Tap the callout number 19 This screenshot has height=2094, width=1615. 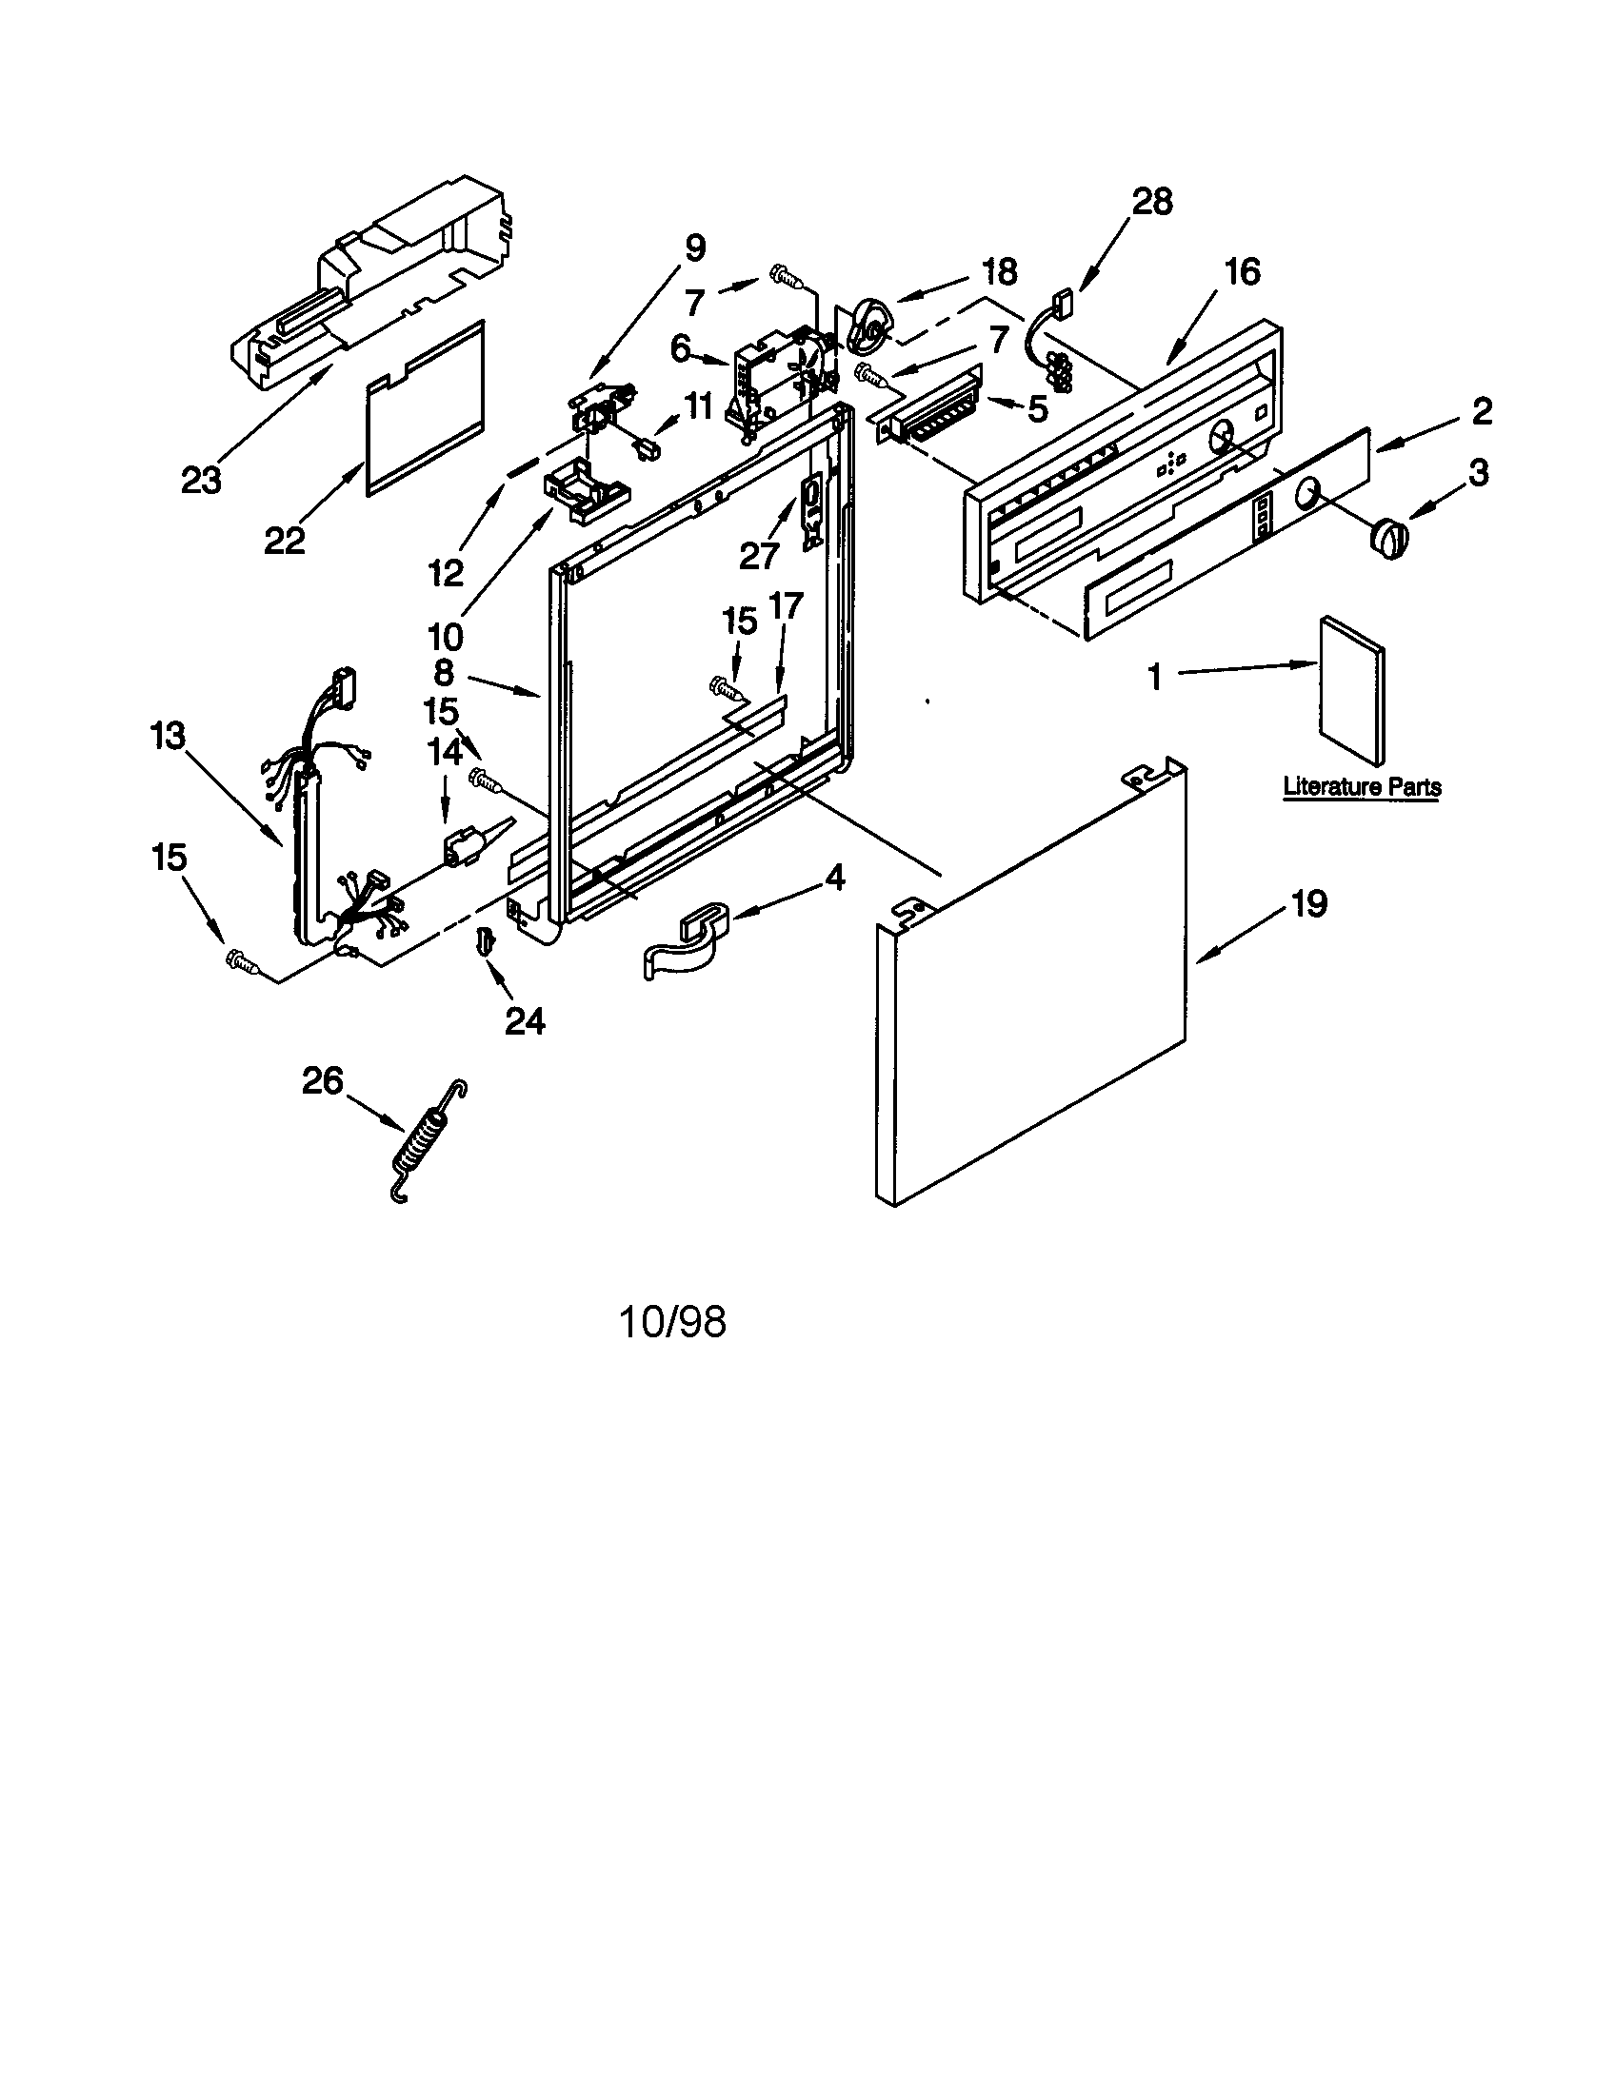pos(1308,903)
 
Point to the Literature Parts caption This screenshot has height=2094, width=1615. pos(1362,787)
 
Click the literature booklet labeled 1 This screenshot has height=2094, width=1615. pos(1352,690)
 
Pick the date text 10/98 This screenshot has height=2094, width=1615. pos(672,1322)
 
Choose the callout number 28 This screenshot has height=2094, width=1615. pos(1152,203)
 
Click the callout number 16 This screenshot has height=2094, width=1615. pos(1242,272)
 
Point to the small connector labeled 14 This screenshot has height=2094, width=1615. pos(462,845)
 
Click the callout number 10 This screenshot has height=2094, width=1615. pos(446,635)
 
